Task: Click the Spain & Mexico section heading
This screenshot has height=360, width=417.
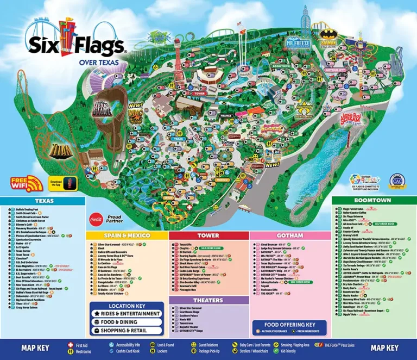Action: [x=127, y=235]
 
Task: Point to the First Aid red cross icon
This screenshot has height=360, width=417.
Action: [x=69, y=345]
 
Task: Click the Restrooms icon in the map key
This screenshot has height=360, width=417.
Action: [x=69, y=352]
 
